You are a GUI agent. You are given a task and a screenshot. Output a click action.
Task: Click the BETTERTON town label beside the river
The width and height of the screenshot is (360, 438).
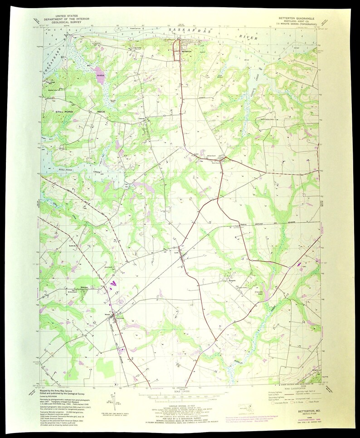tap(187, 51)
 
